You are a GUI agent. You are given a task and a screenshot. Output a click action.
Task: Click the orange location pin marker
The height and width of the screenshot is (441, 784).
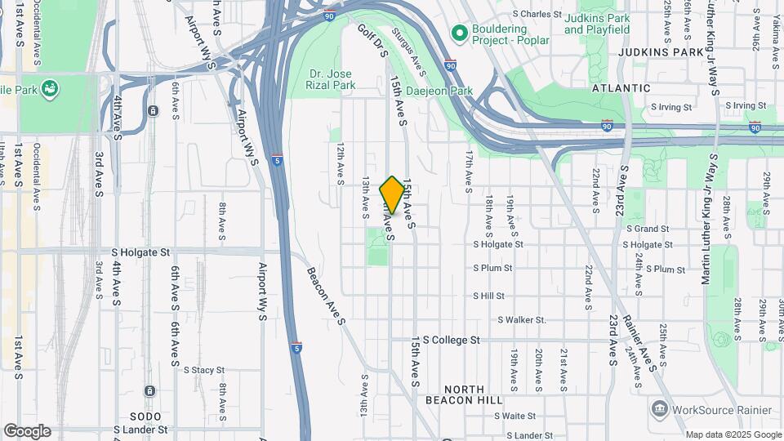click(x=393, y=195)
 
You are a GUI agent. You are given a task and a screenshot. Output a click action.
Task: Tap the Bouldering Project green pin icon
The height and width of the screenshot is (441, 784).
click(x=459, y=33)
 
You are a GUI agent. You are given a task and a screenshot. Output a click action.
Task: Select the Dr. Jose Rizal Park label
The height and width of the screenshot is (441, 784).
click(x=331, y=78)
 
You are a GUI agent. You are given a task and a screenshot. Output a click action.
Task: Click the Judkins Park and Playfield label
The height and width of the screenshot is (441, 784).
click(x=597, y=24)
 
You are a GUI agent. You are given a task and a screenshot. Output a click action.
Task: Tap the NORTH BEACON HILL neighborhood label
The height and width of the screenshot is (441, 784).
click(x=465, y=394)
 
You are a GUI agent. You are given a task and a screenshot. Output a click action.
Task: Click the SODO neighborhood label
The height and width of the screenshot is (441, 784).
click(x=133, y=416)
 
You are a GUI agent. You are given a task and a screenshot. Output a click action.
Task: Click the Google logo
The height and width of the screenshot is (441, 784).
click(x=27, y=431)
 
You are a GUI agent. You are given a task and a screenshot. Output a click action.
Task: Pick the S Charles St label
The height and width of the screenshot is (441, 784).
click(x=537, y=14)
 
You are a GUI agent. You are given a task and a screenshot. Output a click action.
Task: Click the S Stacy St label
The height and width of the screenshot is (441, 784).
click(x=203, y=370)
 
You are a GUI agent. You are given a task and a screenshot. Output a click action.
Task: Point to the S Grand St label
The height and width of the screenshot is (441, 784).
click(x=648, y=229)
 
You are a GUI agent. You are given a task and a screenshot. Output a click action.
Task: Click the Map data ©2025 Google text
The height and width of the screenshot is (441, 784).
click(x=733, y=434)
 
